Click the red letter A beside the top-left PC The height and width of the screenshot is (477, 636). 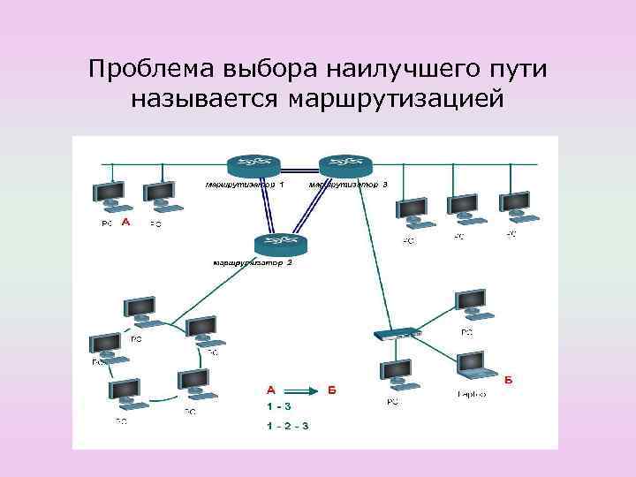click(x=125, y=223)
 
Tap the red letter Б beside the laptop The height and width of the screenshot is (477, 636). click(x=510, y=381)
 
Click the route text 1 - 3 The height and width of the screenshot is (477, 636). click(x=279, y=407)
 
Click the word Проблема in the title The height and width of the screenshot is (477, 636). click(x=149, y=68)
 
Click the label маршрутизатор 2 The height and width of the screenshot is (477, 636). click(x=253, y=262)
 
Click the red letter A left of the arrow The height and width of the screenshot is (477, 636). click(x=271, y=390)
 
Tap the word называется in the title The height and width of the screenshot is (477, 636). click(x=205, y=97)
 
